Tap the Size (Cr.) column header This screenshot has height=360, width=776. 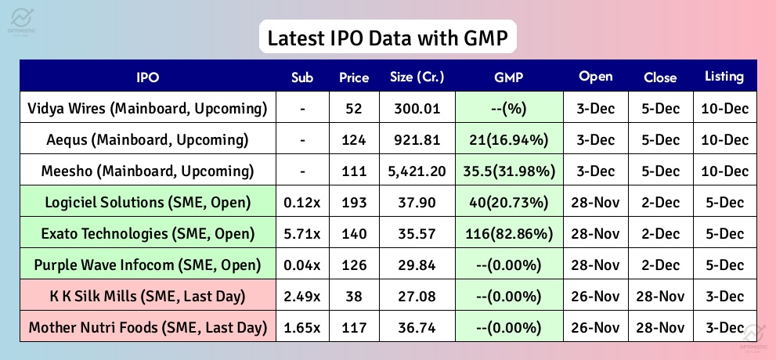tap(417, 77)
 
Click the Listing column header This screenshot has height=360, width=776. tap(724, 77)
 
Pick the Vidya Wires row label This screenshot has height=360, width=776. tap(147, 108)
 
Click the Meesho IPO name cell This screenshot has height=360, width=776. tap(147, 171)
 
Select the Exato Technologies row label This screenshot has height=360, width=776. tap(147, 233)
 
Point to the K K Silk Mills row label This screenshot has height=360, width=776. tap(147, 296)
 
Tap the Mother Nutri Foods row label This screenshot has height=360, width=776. tap(147, 327)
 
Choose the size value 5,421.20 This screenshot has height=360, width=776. tap(417, 171)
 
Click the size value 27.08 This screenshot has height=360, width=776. tap(417, 296)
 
